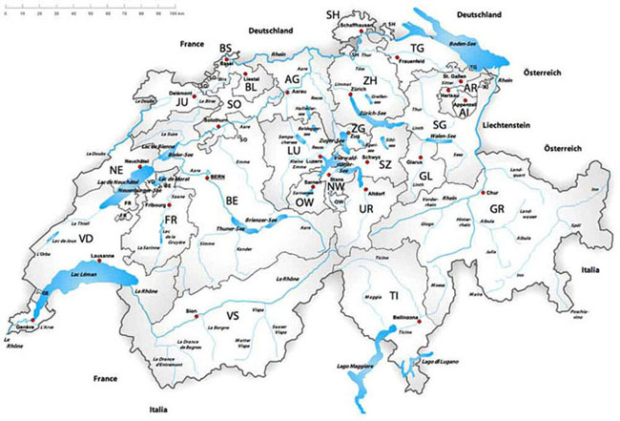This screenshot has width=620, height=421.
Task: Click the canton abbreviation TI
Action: pos(393,297)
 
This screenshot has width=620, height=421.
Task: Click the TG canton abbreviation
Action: pos(417,48)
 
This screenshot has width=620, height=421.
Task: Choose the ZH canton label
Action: pos(372,81)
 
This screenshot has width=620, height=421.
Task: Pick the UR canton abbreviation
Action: pos(365,208)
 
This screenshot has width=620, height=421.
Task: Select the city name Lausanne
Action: pos(102,257)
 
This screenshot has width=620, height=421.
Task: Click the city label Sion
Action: pos(191,310)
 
